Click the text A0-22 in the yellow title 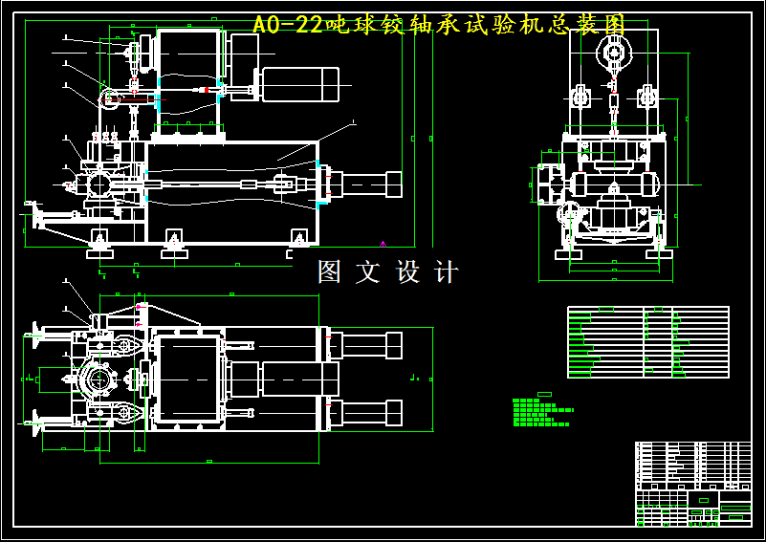(x=288, y=25)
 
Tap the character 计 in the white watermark (x=446, y=272)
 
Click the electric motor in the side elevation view (x=301, y=85)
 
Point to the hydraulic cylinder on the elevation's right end (x=367, y=184)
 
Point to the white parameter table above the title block (x=647, y=341)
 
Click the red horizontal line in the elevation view (x=143, y=98)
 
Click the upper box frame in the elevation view (x=188, y=76)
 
